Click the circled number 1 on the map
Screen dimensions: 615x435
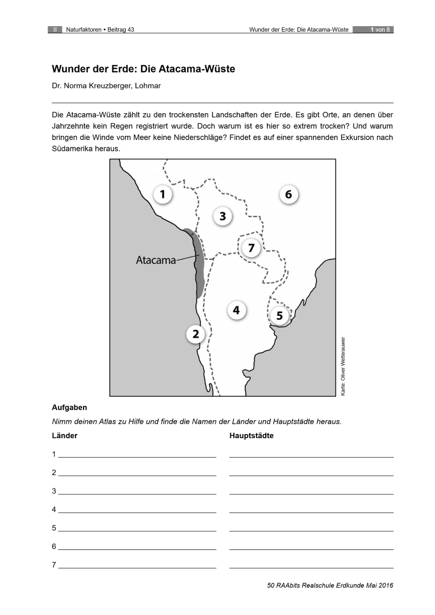point(163,195)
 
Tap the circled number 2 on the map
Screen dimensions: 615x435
point(195,335)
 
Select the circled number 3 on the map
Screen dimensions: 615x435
point(222,216)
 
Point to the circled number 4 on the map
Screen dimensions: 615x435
point(236,310)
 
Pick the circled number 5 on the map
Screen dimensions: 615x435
point(280,316)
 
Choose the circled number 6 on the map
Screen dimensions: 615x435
point(288,195)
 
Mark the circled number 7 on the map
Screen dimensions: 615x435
point(251,249)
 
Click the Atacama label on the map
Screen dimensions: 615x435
point(155,260)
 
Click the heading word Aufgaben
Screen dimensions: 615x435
point(69,408)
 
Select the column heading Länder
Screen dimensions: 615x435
point(65,436)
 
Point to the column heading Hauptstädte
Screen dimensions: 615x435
point(251,436)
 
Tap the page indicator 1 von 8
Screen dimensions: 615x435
point(380,30)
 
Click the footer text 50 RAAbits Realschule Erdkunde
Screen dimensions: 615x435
point(315,585)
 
